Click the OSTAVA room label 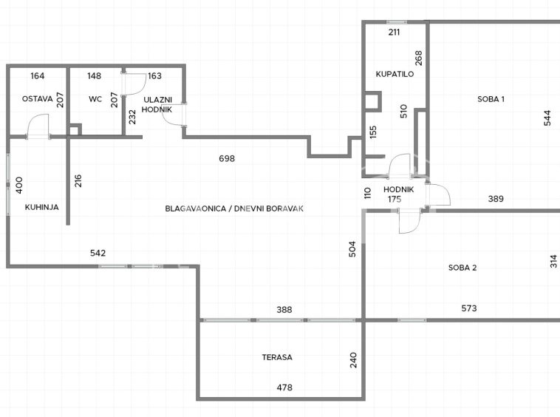click(37, 98)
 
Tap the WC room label click(95, 99)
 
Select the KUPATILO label click(395, 74)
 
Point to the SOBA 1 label click(491, 99)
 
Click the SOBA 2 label click(462, 268)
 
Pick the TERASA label click(277, 357)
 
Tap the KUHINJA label click(42, 207)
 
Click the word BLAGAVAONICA click(195, 208)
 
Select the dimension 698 click(227, 158)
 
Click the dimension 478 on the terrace click(284, 387)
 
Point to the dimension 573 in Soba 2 click(469, 308)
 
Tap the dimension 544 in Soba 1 click(547, 118)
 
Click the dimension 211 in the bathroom click(394, 32)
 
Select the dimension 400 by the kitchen click(19, 185)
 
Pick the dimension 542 click(98, 253)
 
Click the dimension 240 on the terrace click(353, 360)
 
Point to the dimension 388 click(284, 310)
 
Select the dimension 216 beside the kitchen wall click(78, 181)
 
